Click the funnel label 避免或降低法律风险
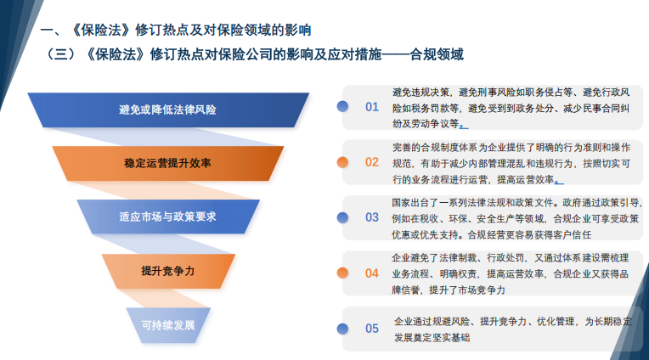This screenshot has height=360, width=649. coord(167,110)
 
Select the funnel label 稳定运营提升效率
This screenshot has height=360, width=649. coord(167,162)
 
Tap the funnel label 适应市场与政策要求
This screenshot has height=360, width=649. coord(167,217)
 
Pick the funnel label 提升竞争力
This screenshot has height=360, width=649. coord(168,271)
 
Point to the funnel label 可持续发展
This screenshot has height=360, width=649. coord(168,325)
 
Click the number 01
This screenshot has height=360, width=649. coord(372,107)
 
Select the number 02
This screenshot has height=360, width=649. coord(372,161)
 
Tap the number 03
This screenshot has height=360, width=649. coord(372,217)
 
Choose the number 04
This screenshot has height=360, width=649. coord(372,273)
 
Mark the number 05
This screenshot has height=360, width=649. coord(372,329)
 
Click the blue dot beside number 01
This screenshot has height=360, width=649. coord(342,106)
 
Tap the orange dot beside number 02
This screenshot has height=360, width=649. coord(342,161)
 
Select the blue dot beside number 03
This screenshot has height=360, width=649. coord(342,217)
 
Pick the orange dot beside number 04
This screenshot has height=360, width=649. coord(342,273)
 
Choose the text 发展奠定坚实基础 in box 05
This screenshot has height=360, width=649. coord(432,337)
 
